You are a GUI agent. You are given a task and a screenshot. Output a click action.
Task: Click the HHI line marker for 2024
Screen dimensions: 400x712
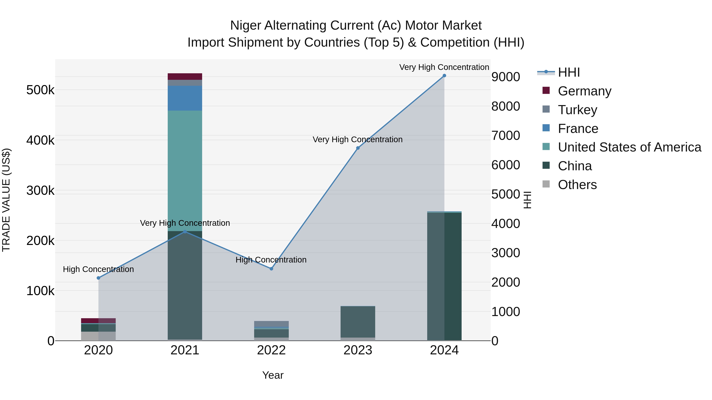(x=444, y=76)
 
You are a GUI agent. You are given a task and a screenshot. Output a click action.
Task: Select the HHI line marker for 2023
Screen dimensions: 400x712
(x=358, y=148)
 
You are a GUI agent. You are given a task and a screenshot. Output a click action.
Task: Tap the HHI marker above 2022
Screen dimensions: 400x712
(x=271, y=269)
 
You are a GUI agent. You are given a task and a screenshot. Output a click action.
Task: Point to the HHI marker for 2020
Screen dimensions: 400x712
(x=98, y=278)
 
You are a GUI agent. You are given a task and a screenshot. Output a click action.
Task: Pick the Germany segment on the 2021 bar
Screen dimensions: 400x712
(x=185, y=76)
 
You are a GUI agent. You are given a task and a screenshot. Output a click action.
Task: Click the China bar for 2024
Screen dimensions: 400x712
(x=444, y=276)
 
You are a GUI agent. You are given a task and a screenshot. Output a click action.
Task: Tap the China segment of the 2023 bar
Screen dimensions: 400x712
(x=358, y=322)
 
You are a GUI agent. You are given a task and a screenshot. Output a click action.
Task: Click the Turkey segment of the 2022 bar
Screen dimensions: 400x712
(x=271, y=324)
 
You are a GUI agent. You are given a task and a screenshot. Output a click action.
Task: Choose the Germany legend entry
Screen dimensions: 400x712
(x=584, y=91)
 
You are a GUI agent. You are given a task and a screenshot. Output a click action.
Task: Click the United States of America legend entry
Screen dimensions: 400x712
(x=629, y=147)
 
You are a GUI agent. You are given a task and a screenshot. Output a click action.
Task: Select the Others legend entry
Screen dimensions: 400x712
(x=577, y=185)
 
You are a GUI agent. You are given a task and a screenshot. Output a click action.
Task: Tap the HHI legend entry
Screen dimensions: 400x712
(x=569, y=72)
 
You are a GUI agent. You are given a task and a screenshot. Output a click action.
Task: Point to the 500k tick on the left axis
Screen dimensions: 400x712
(x=40, y=90)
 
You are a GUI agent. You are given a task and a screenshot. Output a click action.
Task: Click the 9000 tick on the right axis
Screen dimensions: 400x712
(x=506, y=77)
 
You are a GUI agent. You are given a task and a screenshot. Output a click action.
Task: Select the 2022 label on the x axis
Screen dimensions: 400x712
(x=271, y=350)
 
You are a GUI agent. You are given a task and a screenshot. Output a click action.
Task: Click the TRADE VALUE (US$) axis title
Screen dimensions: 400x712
(x=6, y=200)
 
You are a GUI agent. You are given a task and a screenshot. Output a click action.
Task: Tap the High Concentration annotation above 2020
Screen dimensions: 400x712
(x=98, y=269)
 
